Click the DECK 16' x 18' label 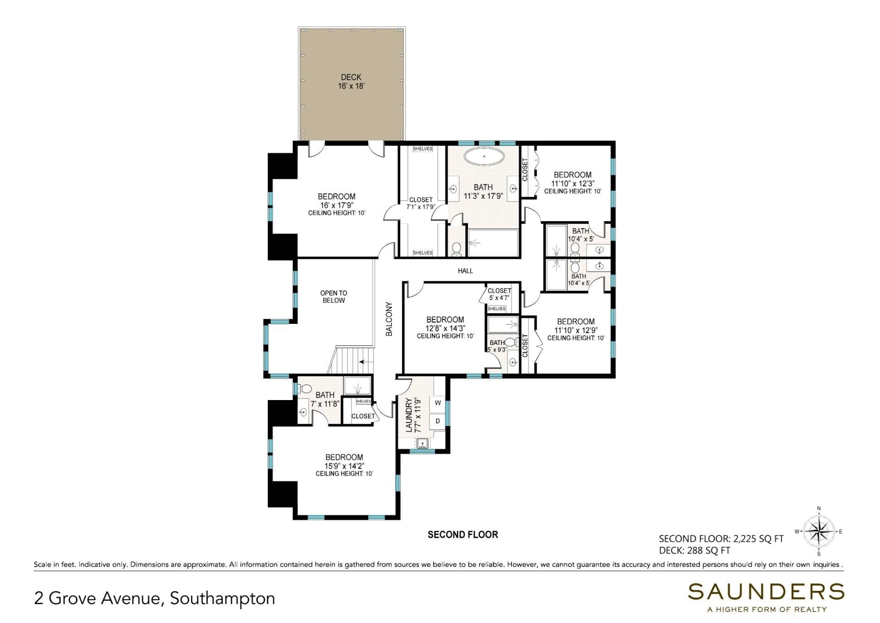(351, 82)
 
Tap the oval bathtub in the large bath (484, 156)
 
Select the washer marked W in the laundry (438, 403)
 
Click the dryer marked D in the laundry (438, 421)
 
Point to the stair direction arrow (365, 362)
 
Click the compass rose (819, 531)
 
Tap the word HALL (465, 271)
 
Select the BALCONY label (389, 319)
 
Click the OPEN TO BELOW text (334, 296)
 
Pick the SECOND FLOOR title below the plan (462, 534)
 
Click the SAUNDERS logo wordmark (766, 592)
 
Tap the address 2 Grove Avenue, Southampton (154, 598)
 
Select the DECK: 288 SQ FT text (694, 551)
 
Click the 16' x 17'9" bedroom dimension (336, 205)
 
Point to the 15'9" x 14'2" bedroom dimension (344, 466)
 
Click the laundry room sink (422, 443)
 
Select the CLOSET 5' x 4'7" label (499, 294)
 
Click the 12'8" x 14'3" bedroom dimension (445, 328)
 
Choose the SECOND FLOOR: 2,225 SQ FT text (721, 539)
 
